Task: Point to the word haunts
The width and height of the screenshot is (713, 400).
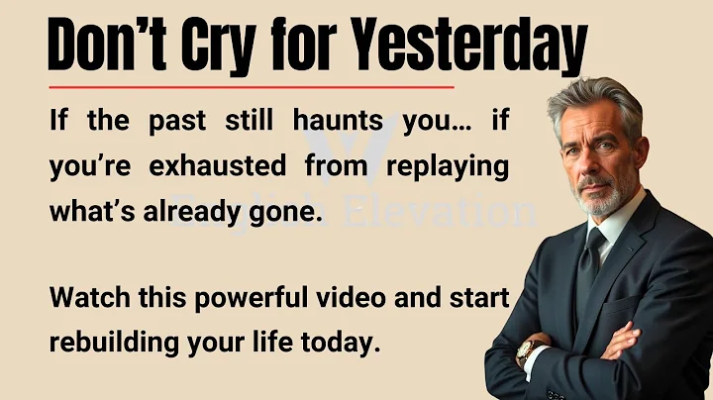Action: tap(338, 122)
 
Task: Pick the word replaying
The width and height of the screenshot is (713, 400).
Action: tap(448, 165)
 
